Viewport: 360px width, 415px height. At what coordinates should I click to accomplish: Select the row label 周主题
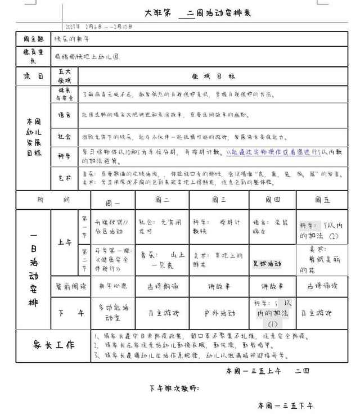33,39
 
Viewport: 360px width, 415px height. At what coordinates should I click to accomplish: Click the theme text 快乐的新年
71,39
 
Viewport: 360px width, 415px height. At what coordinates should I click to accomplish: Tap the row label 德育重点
33,56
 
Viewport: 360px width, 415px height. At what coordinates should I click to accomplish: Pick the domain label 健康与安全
65,93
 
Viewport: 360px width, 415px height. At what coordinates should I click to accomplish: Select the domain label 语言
65,114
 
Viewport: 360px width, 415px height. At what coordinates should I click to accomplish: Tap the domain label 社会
65,136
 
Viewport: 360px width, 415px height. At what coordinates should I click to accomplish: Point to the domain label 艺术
65,178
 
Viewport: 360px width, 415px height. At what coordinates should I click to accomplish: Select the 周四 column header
272,200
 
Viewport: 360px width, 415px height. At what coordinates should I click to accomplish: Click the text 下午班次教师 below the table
174,388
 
